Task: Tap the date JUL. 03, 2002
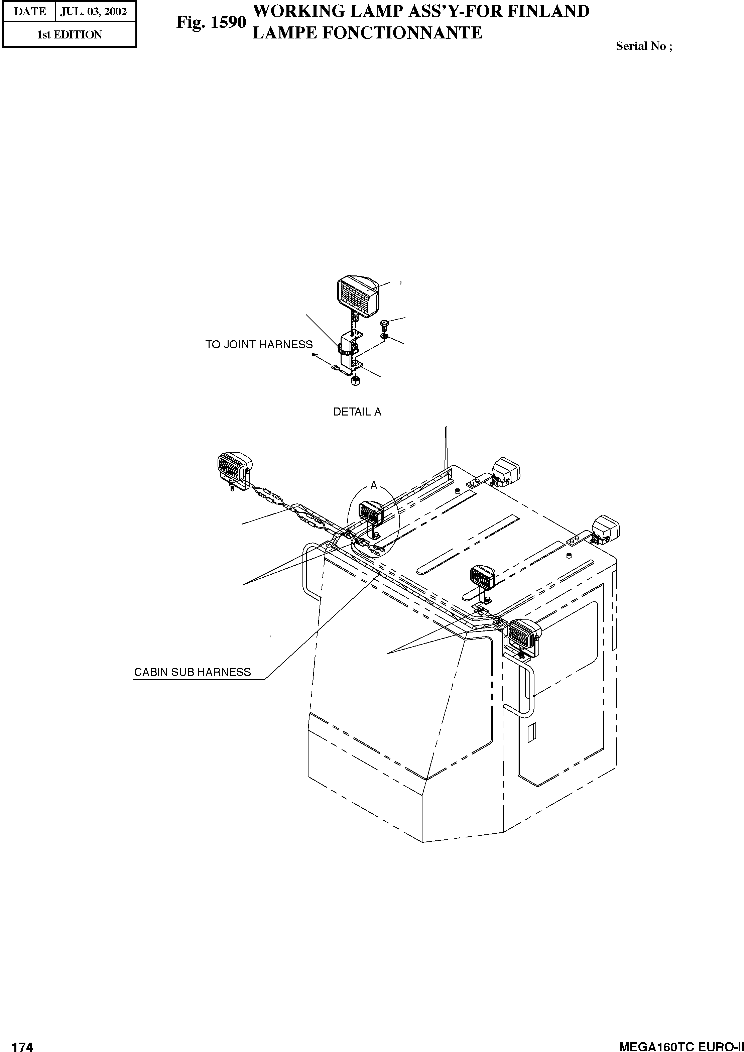coord(94,11)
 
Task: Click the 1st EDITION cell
coord(69,35)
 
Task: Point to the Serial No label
coord(643,46)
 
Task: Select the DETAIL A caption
coord(357,412)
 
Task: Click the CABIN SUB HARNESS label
coord(193,672)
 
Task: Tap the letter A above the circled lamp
coord(374,486)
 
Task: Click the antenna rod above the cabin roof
coord(446,449)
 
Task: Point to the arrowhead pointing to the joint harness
coord(314,354)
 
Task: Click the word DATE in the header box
coord(30,11)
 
